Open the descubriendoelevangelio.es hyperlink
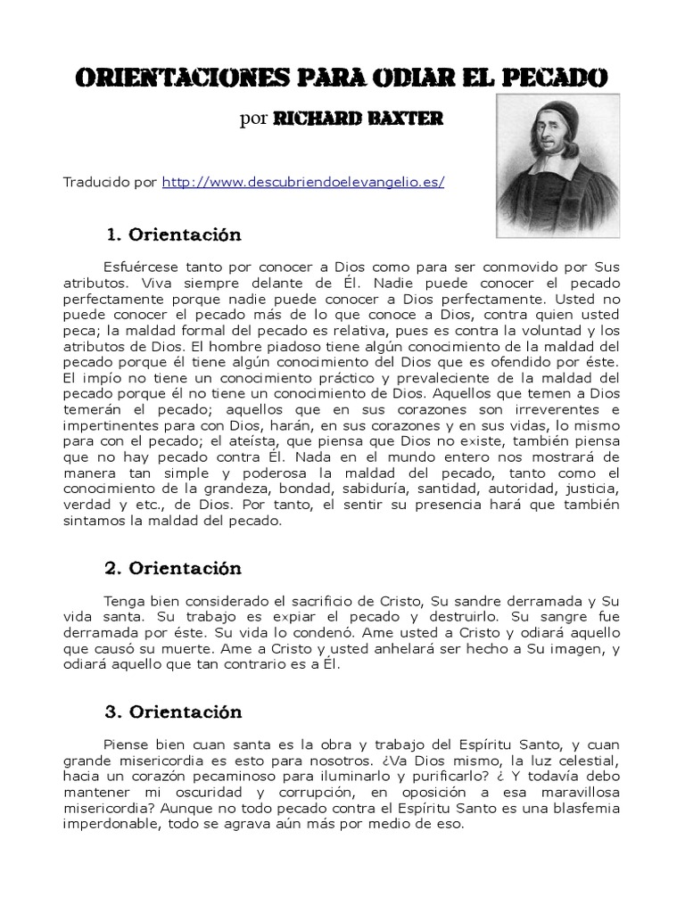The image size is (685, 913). pyautogui.click(x=303, y=182)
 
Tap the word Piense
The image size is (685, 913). pyautogui.click(x=128, y=744)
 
